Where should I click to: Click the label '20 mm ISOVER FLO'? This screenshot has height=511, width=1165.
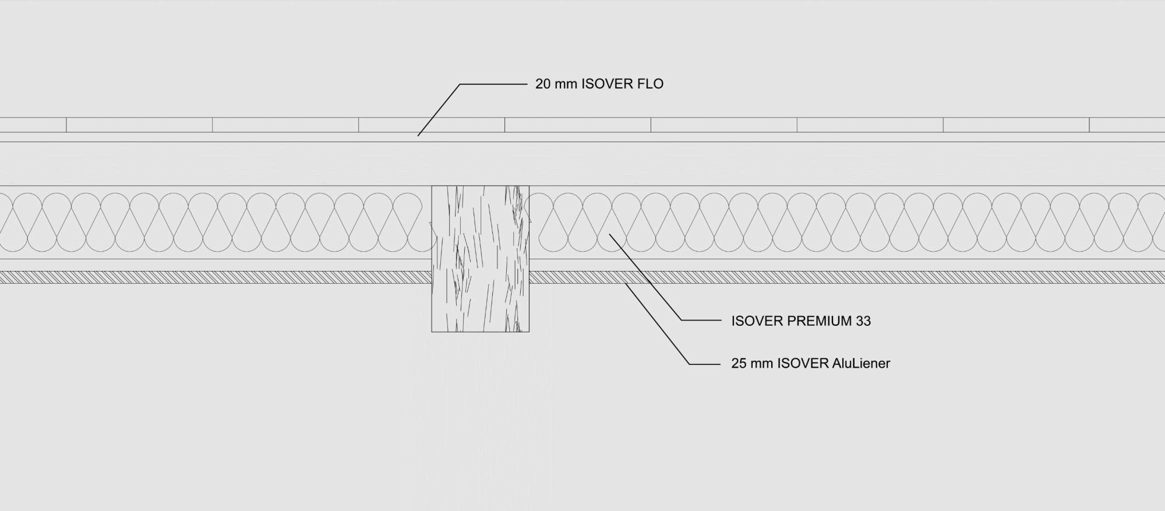click(599, 84)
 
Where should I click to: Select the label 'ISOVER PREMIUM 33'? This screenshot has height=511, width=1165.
click(801, 321)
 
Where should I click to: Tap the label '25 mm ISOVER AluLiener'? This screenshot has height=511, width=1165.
click(811, 364)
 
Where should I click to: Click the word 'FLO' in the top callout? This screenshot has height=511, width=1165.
click(650, 84)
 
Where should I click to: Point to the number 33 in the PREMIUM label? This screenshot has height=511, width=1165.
click(863, 321)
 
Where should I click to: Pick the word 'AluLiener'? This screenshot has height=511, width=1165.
click(862, 364)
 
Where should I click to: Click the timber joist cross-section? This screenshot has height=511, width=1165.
click(480, 259)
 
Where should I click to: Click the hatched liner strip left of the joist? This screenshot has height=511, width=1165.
click(216, 277)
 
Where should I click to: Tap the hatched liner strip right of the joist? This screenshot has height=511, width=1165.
click(847, 277)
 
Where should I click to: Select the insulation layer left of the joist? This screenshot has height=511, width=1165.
click(216, 222)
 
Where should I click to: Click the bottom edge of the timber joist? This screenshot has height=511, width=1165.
click(480, 332)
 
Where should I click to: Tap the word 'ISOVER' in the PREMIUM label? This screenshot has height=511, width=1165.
click(757, 321)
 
